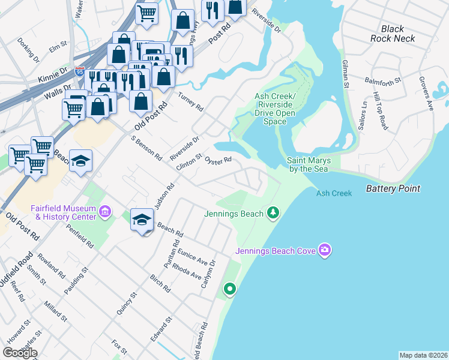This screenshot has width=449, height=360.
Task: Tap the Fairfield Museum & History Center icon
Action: (x=106, y=211)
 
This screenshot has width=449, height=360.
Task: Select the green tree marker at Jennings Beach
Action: (x=273, y=212)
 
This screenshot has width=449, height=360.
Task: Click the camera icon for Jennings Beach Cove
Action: (x=325, y=249)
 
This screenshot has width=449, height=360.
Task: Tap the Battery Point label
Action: (x=393, y=188)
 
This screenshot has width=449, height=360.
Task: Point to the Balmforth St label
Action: (x=383, y=80)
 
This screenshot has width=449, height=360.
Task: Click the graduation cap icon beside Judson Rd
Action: (x=142, y=220)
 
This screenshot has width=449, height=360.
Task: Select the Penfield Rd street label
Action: (x=80, y=237)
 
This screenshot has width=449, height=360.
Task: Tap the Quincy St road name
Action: (x=133, y=302)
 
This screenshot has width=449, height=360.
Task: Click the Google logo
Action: (x=20, y=353)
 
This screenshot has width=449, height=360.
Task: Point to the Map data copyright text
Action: (x=423, y=355)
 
